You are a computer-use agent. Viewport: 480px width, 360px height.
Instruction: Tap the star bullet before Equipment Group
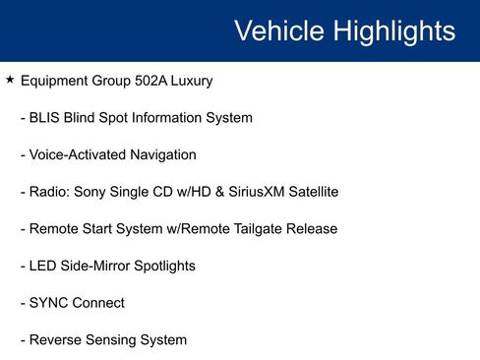tap(10, 80)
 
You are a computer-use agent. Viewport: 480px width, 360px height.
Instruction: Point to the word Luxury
tap(192, 81)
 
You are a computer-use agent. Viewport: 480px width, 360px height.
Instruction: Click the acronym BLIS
tap(45, 118)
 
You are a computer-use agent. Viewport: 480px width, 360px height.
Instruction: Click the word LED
tap(43, 266)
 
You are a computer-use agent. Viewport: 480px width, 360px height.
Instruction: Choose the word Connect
tap(98, 303)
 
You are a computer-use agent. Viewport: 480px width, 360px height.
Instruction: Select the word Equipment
tap(57, 81)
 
